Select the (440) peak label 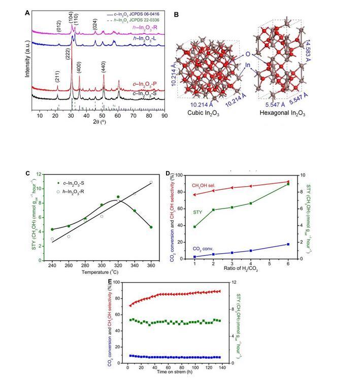tap(104, 69)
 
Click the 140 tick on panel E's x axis tap(222, 368)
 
